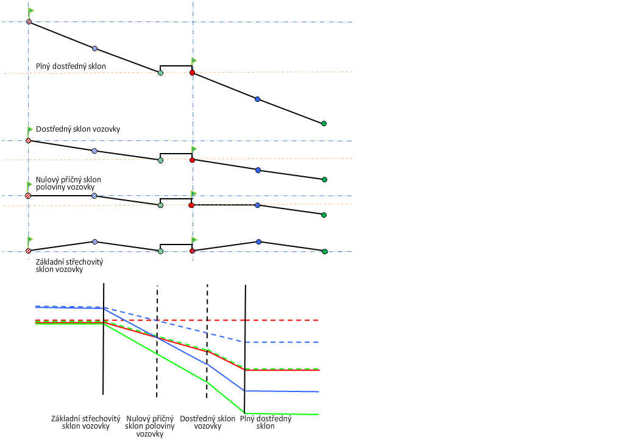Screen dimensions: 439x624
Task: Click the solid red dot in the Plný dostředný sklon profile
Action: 192,73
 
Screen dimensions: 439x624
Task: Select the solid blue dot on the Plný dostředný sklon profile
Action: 257,99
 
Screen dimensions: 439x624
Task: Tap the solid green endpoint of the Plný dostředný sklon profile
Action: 324,123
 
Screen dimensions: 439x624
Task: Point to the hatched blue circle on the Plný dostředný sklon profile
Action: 94,48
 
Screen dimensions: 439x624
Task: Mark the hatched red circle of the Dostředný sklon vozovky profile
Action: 28,141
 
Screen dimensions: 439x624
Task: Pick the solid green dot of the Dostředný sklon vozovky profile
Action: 324,179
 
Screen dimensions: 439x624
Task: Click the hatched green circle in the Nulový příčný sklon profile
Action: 160,205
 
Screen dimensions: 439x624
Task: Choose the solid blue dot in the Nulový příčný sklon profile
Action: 258,205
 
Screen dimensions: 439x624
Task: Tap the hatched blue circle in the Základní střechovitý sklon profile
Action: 94,242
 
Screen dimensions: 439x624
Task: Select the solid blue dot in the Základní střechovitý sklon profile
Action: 258,242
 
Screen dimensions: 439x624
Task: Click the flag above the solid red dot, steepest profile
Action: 194,60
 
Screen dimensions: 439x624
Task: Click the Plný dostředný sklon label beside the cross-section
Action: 71,66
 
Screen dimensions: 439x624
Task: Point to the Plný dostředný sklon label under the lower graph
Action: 266,422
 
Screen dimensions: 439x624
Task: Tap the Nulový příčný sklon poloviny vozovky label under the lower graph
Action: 150,426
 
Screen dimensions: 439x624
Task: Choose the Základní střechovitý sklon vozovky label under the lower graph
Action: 85,422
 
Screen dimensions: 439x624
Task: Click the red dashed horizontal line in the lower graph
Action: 280,320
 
